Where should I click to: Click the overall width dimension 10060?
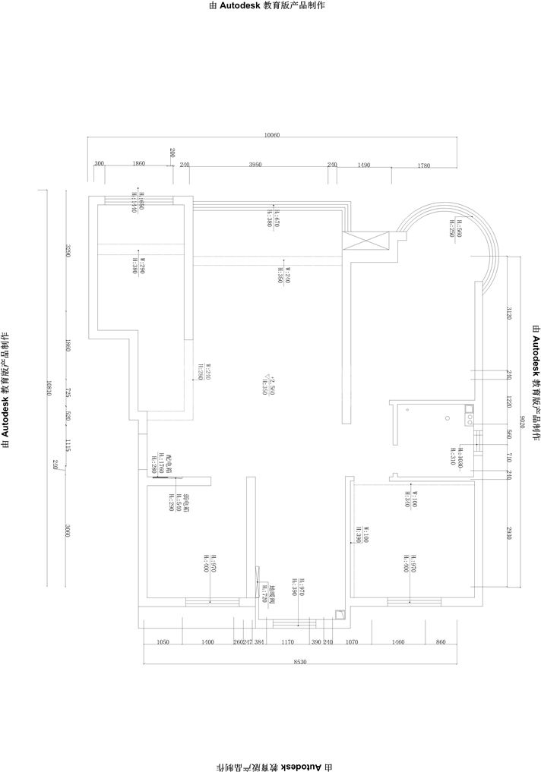pyautogui.click(x=272, y=135)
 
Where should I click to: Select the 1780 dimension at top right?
pyautogui.click(x=424, y=165)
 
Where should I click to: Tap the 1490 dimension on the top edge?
pyautogui.click(x=363, y=165)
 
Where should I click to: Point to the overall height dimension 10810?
pyautogui.click(x=49, y=387)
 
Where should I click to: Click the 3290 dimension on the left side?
pyautogui.click(x=67, y=251)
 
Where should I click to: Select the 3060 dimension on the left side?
pyautogui.click(x=67, y=532)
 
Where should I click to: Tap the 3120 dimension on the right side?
pyautogui.click(x=509, y=313)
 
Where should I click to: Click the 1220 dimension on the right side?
pyautogui.click(x=509, y=402)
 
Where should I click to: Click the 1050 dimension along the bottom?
pyautogui.click(x=162, y=642)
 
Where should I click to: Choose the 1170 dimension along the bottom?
pyautogui.click(x=287, y=642)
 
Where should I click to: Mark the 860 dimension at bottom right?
pyautogui.click(x=441, y=642)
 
